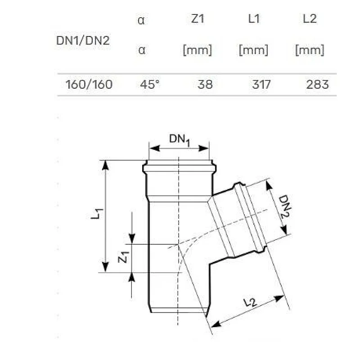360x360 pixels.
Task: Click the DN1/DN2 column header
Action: click(83, 41)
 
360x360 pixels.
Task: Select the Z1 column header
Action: click(198, 18)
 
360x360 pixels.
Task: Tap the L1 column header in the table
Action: click(254, 18)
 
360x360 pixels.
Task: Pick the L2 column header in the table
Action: click(310, 18)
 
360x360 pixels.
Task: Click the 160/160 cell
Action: click(89, 85)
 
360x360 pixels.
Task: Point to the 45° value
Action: click(150, 85)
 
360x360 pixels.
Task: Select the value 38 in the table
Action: click(205, 85)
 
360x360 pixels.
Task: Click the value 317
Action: click(261, 85)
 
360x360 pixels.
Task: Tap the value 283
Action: click(318, 85)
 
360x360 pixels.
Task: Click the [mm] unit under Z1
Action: click(198, 50)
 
